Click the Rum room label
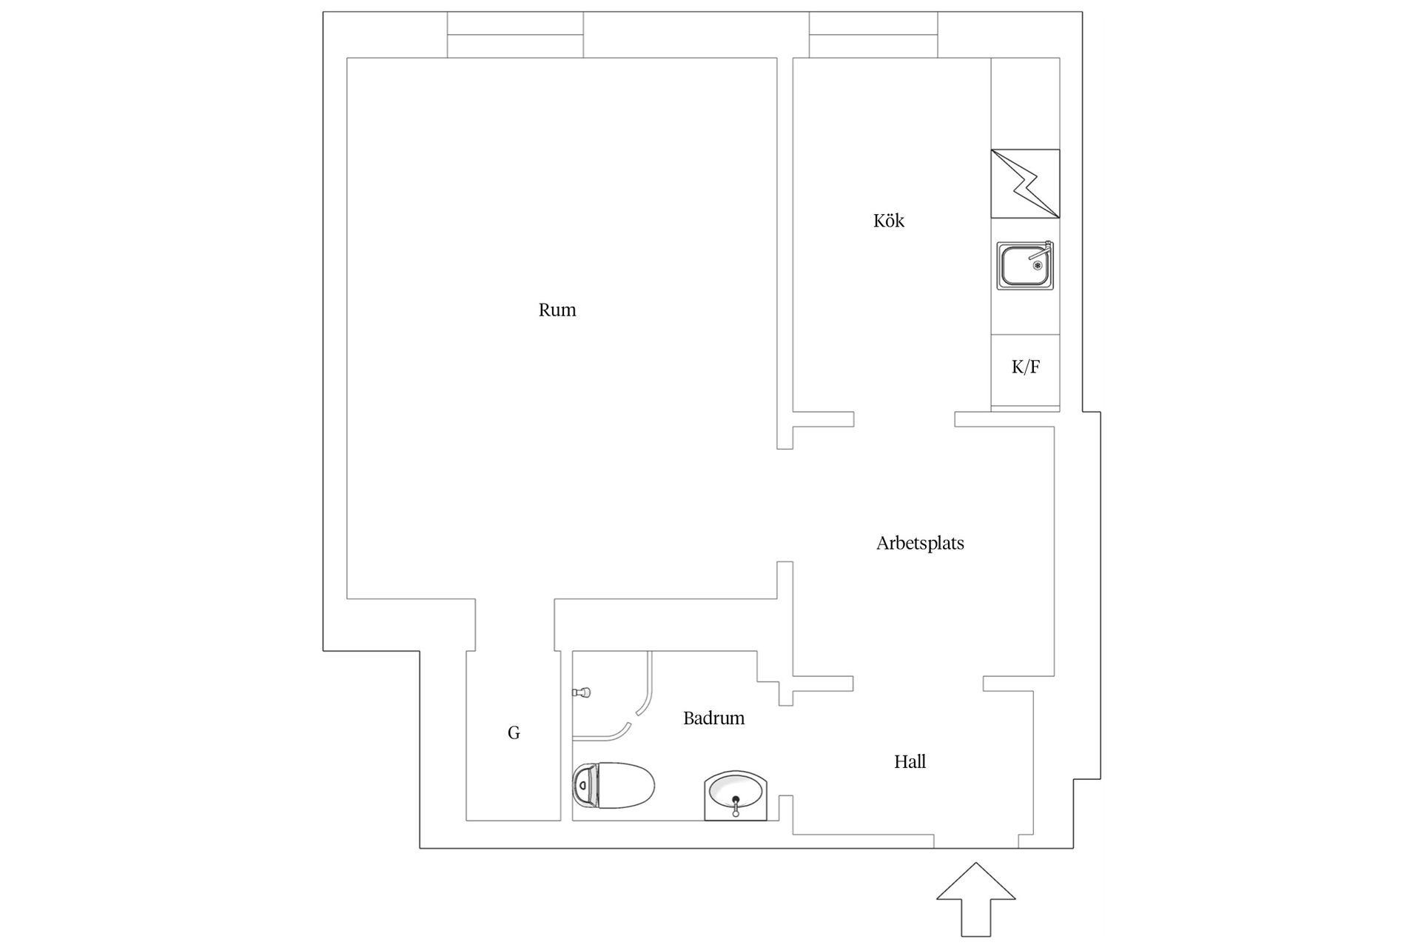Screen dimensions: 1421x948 coord(557,310)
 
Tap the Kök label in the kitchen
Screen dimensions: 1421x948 coord(889,221)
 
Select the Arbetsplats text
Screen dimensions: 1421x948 coord(920,544)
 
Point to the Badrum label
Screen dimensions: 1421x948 coord(713,718)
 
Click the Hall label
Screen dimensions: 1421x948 coord(910,761)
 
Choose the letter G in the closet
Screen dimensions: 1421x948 coord(514,733)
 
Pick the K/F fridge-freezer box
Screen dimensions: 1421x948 coord(1025,370)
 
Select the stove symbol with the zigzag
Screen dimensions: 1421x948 coord(1025,184)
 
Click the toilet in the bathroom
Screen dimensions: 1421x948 coord(614,785)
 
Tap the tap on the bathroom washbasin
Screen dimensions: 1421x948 coord(736,805)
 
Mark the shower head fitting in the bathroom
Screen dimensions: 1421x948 coord(582,692)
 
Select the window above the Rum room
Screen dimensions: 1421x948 coord(515,35)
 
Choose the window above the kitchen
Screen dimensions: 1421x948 coord(873,35)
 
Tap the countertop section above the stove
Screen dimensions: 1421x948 coord(1025,103)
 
